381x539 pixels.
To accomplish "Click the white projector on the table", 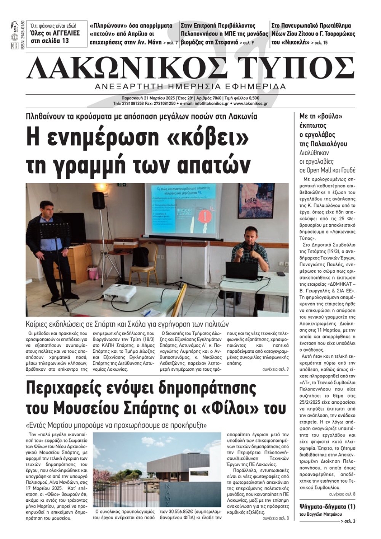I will pos(120,293).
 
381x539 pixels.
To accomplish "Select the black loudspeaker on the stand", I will pos(99,200).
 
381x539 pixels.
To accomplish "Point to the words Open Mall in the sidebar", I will pos(319,170).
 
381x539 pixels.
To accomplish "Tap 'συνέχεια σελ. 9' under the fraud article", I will pos(275,369).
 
